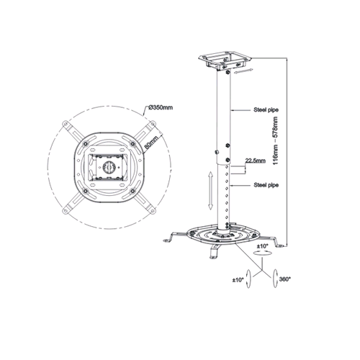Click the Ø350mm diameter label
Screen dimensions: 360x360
161,107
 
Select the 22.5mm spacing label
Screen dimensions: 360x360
256,161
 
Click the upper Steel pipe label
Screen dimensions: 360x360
266,110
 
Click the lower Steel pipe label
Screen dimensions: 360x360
266,185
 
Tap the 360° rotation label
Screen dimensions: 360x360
285,279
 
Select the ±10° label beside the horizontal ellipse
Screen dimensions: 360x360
263,246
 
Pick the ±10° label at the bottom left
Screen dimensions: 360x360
238,279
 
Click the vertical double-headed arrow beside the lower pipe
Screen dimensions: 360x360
210,191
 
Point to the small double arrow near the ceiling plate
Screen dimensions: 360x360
243,71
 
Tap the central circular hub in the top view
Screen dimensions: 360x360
109,166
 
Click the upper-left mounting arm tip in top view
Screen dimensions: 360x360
65,124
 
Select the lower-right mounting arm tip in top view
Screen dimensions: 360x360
152,210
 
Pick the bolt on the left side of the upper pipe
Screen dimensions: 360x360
216,152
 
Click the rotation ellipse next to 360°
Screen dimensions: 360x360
276,278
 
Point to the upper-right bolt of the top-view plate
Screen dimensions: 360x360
132,143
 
